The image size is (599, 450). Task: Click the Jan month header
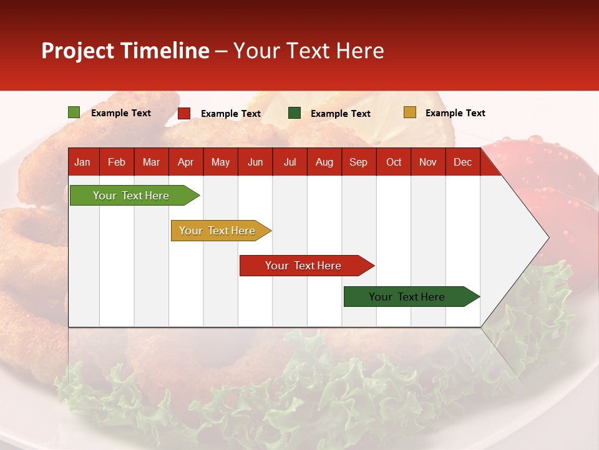[82, 162]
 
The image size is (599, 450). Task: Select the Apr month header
[185, 162]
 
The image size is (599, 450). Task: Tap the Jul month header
[290, 162]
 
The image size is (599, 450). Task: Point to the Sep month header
[358, 162]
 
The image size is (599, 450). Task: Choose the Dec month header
[462, 162]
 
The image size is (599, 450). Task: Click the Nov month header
[428, 162]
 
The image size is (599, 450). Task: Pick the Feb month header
[117, 162]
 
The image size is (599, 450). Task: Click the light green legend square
[74, 112]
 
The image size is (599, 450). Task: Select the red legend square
[184, 113]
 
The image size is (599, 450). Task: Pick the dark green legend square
[295, 113]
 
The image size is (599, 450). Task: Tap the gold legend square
[409, 112]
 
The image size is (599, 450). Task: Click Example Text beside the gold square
[455, 113]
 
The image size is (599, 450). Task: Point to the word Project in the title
[77, 51]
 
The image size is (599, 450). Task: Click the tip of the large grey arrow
[547, 237]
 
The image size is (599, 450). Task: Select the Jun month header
[255, 162]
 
